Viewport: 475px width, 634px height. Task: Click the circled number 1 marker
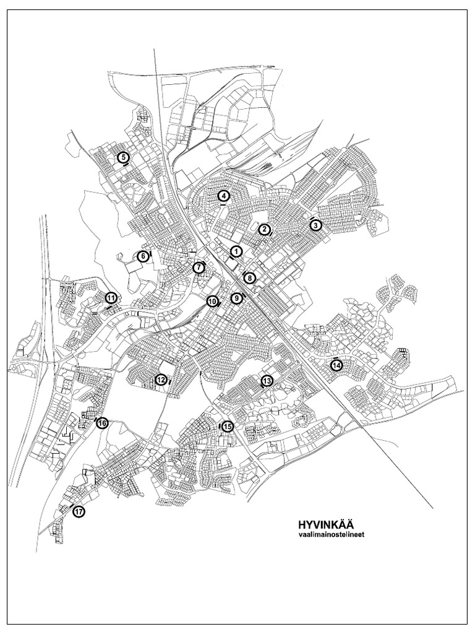pos(236,251)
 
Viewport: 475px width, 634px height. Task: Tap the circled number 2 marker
pos(264,229)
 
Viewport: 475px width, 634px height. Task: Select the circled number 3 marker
pos(315,225)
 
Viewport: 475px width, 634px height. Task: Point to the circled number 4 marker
pos(224,196)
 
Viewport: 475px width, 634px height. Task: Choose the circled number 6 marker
pos(143,255)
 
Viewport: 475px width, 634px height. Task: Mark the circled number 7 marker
pos(199,267)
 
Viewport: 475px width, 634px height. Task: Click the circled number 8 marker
pos(249,278)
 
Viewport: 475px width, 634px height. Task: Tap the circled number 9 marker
pos(236,298)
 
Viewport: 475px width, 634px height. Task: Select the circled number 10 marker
pos(212,302)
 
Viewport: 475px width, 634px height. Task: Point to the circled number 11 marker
pos(111,298)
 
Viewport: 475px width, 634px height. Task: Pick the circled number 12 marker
pos(161,380)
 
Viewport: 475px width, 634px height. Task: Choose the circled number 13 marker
pos(267,381)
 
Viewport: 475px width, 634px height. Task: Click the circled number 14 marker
pos(336,365)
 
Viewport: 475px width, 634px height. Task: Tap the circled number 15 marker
pos(228,426)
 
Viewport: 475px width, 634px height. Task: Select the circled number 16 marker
pos(103,423)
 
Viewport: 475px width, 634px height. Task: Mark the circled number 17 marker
pos(79,512)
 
